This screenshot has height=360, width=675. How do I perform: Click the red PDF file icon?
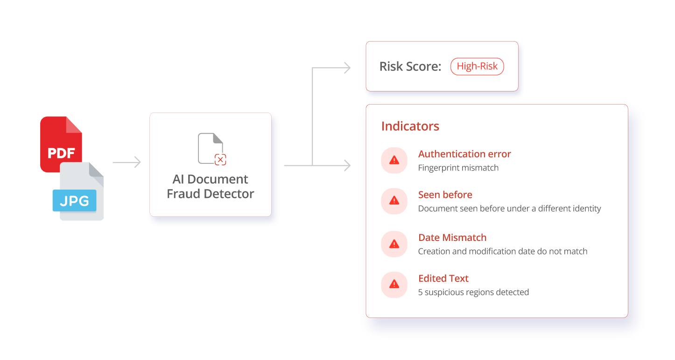[x=61, y=142]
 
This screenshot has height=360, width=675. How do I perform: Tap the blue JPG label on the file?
[x=75, y=201]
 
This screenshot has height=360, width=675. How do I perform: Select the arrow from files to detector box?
[x=127, y=162]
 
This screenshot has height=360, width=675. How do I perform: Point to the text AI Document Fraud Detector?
[x=210, y=186]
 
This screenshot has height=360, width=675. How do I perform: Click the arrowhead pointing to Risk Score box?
[x=346, y=68]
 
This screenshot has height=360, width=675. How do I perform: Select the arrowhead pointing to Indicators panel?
[x=346, y=165]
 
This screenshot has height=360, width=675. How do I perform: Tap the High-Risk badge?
[x=477, y=66]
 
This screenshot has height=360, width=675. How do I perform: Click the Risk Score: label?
[x=410, y=67]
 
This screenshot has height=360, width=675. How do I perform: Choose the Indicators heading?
[x=410, y=126]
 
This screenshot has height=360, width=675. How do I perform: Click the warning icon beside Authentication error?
[x=394, y=161]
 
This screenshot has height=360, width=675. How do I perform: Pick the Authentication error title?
[x=464, y=154]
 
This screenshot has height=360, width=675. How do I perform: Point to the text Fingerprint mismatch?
[x=458, y=168]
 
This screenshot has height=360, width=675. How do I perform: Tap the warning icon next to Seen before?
[x=394, y=201]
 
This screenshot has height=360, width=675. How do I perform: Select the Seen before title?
[x=445, y=195]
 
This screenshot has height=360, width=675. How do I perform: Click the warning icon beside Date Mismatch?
[x=394, y=244]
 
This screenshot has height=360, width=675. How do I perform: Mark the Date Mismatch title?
[x=452, y=238]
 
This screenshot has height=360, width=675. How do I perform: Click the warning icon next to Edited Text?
[x=394, y=284]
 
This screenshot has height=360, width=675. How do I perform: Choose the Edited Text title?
[x=443, y=278]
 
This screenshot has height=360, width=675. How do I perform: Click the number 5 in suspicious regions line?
[x=420, y=292]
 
